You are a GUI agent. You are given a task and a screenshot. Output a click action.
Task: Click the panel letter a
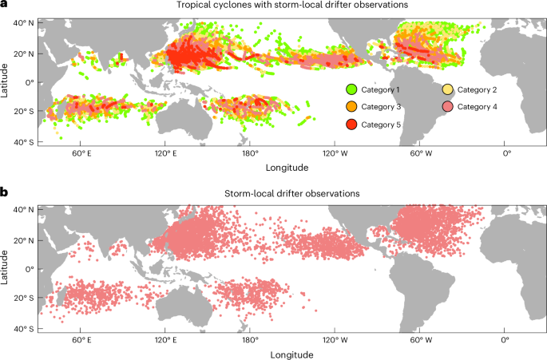[4, 5]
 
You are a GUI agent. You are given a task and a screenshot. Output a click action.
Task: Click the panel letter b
[4, 193]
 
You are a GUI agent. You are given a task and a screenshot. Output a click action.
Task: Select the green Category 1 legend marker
[351, 88]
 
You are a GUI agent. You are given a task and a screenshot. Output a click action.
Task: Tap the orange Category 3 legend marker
[351, 106]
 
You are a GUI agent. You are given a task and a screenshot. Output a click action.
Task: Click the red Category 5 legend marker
[351, 125]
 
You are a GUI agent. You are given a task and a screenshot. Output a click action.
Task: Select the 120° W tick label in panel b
[335, 341]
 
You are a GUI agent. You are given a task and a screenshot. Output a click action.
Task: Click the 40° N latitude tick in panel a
[22, 22]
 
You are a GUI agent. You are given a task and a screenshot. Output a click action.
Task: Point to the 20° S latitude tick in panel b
[22, 299]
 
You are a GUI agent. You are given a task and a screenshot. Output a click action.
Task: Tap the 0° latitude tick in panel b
[27, 269]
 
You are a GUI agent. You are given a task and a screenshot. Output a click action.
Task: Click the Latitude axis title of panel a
[6, 81]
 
